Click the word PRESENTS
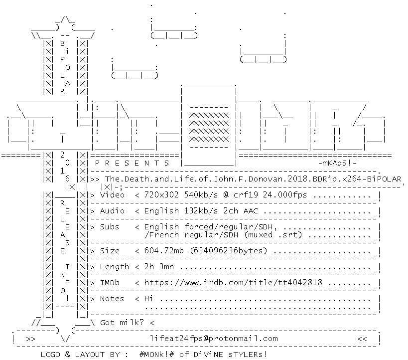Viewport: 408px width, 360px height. pos(132,163)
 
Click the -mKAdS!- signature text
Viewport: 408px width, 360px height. pos(337,163)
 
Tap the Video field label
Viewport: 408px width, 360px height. pos(113,195)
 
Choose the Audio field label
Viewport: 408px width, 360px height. pos(113,211)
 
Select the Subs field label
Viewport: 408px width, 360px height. pos(110,227)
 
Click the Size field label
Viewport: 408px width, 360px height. pos(110,251)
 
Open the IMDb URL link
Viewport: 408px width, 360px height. pos(233,283)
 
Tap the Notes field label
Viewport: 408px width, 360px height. pos(113,299)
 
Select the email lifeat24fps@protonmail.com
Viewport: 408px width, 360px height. pos(214,339)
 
